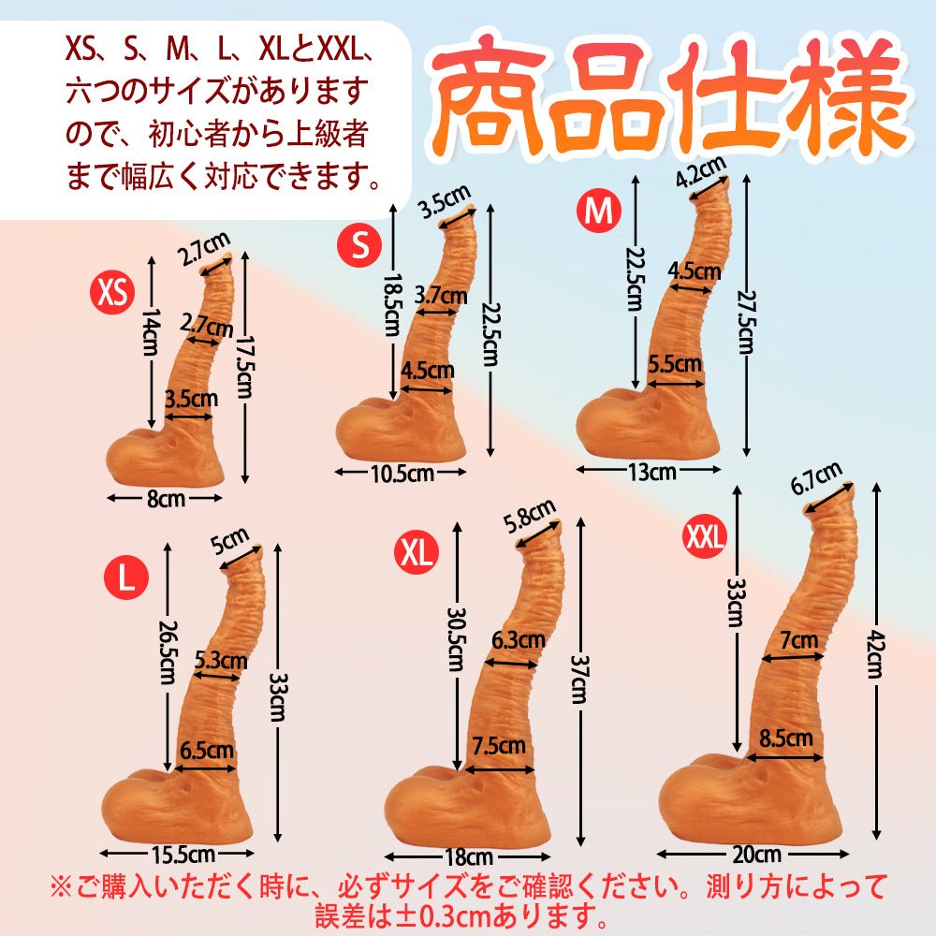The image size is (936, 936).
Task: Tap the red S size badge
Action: [359, 245]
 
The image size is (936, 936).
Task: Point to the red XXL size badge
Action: [706, 536]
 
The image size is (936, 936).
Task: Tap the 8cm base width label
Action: [166, 499]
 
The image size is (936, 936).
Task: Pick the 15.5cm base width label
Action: [178, 854]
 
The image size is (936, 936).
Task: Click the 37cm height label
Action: [578, 679]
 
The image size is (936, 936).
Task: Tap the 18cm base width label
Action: [468, 856]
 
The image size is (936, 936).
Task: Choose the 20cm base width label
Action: [756, 855]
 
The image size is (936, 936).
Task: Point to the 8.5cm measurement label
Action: [786, 739]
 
